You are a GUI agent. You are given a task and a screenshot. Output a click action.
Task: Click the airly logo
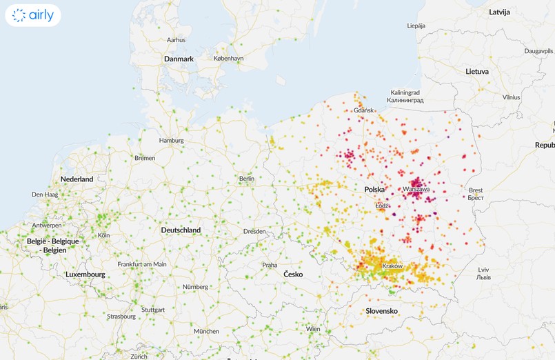(32, 15)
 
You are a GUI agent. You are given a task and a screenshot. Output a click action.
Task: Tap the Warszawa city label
(416, 188)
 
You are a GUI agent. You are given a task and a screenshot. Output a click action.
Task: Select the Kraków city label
(392, 266)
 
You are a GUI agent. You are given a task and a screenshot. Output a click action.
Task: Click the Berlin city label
(246, 179)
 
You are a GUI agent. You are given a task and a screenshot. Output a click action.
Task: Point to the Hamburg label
(171, 140)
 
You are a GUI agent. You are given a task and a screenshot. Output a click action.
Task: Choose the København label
(228, 59)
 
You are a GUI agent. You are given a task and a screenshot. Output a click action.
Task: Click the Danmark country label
(179, 59)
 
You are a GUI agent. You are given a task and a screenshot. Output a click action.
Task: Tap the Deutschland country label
(181, 230)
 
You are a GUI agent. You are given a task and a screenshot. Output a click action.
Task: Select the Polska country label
(374, 189)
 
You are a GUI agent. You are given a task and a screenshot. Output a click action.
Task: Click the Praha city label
(270, 265)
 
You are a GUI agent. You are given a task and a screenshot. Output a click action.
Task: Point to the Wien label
(314, 329)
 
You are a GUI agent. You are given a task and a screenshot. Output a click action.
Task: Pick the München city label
(206, 331)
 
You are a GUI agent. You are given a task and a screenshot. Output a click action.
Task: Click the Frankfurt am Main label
(142, 264)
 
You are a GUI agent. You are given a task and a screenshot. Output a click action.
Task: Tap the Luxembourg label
(85, 274)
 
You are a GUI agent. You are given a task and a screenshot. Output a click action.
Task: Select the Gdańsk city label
(363, 110)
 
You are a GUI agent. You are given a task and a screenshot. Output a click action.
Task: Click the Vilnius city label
(511, 97)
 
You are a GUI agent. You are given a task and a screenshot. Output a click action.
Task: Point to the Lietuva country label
(476, 71)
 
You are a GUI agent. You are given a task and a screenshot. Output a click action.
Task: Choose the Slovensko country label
(382, 311)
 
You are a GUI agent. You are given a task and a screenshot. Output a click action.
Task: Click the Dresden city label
(254, 231)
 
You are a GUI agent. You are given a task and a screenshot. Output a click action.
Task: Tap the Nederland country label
(77, 179)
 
